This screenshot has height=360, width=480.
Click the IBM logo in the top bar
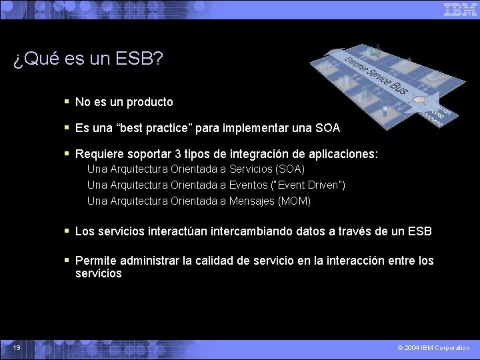(x=460, y=9)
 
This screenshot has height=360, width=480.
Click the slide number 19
(x=16, y=347)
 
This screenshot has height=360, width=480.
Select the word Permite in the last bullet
(x=95, y=261)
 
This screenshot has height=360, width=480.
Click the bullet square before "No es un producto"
(x=67, y=102)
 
